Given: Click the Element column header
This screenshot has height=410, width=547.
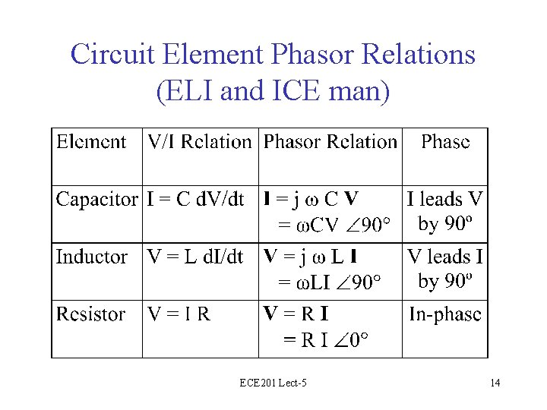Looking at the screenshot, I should click(91, 142).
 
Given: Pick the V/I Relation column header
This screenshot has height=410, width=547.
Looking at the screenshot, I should click(199, 142).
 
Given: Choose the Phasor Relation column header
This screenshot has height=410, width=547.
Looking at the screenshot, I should click(330, 142).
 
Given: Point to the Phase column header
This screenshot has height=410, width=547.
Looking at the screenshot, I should click(445, 142).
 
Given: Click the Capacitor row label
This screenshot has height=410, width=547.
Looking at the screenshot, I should click(96, 200).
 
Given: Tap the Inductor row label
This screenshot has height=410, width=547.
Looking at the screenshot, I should click(91, 257).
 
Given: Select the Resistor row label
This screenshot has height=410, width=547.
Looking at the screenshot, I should click(91, 314).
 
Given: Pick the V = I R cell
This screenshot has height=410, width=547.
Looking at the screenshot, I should click(179, 314).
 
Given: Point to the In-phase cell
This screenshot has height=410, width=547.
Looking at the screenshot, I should click(445, 314).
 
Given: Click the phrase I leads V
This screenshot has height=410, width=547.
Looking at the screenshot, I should click(445, 200).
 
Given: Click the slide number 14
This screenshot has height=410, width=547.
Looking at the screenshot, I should click(495, 383).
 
